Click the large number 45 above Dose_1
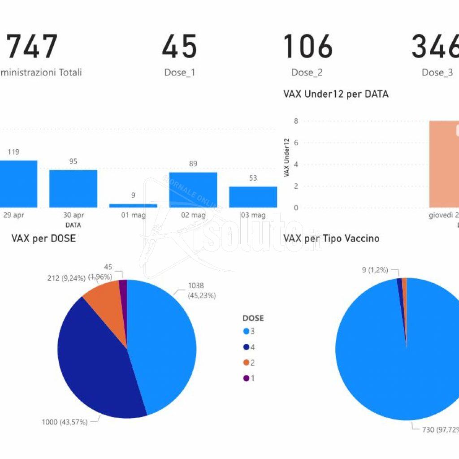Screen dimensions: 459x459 (179, 47)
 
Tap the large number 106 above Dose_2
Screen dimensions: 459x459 (307, 47)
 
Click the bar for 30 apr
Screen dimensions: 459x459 (73, 188)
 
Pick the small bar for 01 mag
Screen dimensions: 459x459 (133, 206)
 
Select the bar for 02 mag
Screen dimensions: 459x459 (193, 190)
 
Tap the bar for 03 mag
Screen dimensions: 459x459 (253, 197)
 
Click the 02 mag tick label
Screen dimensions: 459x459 (193, 215)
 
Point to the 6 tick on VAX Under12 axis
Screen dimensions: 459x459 (296, 143)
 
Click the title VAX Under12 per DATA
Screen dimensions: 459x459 (336, 94)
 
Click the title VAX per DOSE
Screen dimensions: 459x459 (43, 238)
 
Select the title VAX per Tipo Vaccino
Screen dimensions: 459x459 (331, 238)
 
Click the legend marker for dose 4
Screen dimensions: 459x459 (246, 347)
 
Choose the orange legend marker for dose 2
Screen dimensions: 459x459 (246, 363)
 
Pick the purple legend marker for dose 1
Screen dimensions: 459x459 (246, 378)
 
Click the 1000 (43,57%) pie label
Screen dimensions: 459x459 (65, 422)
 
